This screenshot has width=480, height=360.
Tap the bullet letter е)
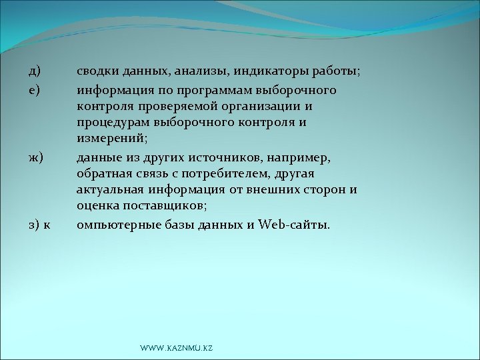[x=34, y=89]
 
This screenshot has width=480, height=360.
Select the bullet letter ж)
[x=35, y=157]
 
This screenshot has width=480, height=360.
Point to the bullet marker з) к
[x=39, y=225]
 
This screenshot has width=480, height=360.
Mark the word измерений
[x=111, y=140]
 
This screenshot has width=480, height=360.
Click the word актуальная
[x=109, y=191]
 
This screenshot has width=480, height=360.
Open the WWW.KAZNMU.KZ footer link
[x=177, y=349]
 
